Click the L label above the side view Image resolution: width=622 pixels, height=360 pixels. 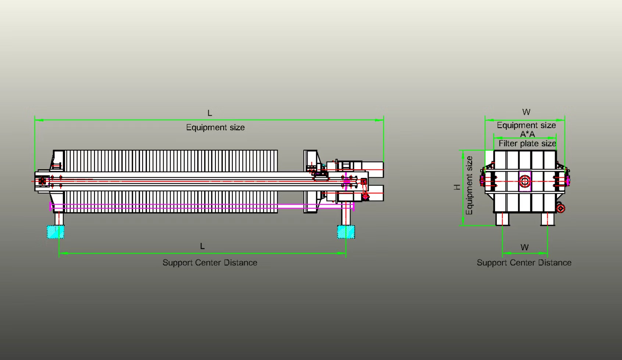(x=210, y=113)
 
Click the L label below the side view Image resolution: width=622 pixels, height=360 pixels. (x=202, y=246)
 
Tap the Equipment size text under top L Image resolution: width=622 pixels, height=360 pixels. (x=215, y=128)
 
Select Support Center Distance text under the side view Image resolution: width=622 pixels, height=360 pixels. (x=210, y=263)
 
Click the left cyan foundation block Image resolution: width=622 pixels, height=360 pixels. (x=56, y=232)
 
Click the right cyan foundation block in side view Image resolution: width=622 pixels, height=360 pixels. (x=346, y=232)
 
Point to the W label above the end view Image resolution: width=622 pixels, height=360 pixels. (x=526, y=112)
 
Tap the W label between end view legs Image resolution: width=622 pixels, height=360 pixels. (x=525, y=247)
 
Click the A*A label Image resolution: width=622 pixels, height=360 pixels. (x=527, y=134)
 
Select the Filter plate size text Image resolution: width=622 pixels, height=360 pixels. (x=527, y=143)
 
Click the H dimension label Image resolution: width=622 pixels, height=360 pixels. (x=457, y=187)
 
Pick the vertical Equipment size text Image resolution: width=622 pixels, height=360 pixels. (x=469, y=185)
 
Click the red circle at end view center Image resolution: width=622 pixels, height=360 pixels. (x=525, y=181)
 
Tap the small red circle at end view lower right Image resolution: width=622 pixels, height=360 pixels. (x=561, y=208)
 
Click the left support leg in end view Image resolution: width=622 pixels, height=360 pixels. (x=503, y=219)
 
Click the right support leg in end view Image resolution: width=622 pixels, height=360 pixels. (x=547, y=219)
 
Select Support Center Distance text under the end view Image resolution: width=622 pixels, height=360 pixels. (x=524, y=263)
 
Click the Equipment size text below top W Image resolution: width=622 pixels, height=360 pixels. (x=526, y=125)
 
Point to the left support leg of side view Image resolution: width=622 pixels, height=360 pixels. (x=59, y=219)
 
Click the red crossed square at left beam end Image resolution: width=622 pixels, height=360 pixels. (x=42, y=181)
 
